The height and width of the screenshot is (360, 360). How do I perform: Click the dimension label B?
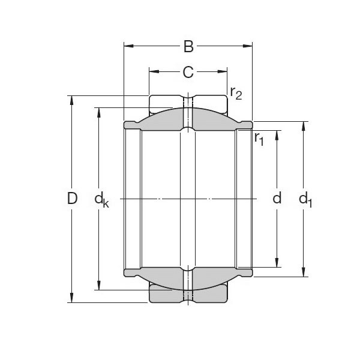click(188, 46)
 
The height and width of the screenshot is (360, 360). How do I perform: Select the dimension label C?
click(188, 73)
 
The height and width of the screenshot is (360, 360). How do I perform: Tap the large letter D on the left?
click(72, 199)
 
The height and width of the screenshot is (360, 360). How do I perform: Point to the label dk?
click(101, 200)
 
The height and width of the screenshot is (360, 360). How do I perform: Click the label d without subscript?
click(277, 199)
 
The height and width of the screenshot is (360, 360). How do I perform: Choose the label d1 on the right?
click(306, 200)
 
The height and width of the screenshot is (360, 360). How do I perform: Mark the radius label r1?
click(259, 139)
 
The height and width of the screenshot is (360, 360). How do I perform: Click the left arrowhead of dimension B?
click(127, 46)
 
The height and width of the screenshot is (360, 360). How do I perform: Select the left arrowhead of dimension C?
click(152, 73)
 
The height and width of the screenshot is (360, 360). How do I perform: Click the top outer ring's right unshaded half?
click(210, 103)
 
